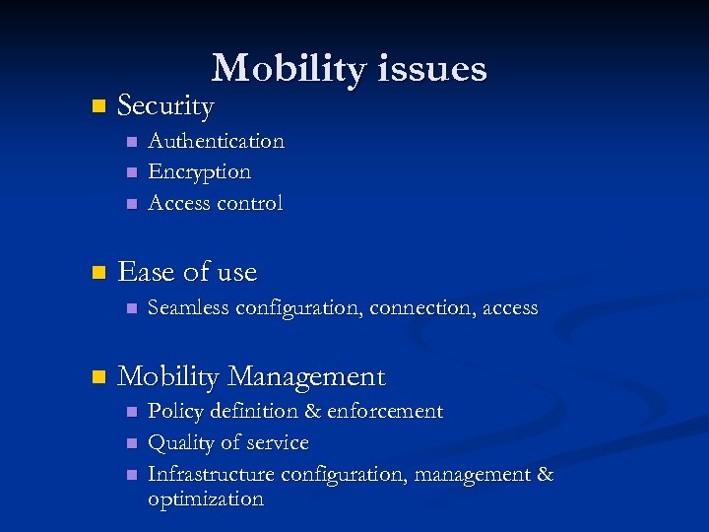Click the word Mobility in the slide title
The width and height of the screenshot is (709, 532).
(278, 69)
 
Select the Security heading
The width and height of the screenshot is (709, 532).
(165, 105)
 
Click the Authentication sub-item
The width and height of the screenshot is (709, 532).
(216, 141)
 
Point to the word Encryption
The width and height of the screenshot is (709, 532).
(199, 172)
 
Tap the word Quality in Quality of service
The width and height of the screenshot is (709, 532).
(179, 443)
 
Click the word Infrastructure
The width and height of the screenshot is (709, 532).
(211, 474)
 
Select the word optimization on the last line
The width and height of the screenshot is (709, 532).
(205, 499)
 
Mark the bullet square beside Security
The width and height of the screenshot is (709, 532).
(96, 105)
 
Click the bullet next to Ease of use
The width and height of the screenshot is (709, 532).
(96, 272)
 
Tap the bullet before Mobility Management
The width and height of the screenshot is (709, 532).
(96, 376)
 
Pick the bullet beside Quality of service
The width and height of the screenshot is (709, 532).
(129, 443)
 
